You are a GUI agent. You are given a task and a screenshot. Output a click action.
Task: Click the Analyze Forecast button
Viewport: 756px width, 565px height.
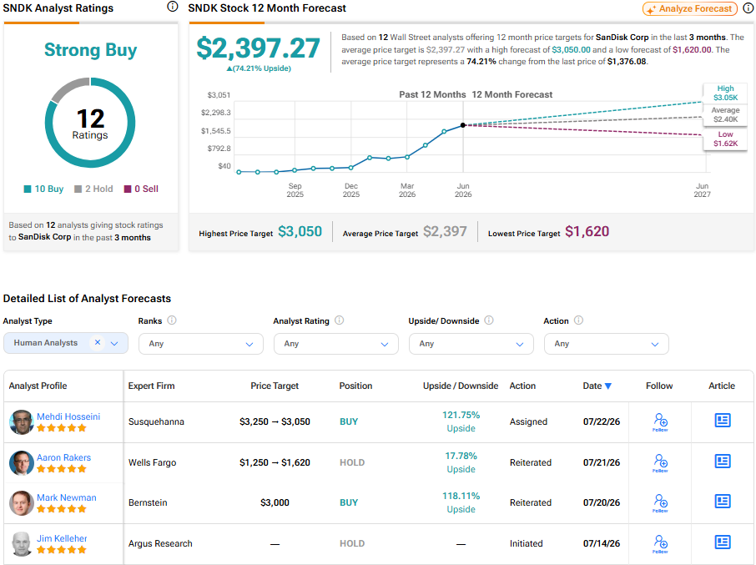[x=690, y=8]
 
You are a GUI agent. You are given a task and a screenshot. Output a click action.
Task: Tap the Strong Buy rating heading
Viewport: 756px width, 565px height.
[x=91, y=49]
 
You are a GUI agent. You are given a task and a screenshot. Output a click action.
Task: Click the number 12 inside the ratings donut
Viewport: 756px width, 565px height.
[x=90, y=119]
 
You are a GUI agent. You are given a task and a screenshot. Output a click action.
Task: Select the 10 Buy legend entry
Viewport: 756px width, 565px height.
[x=44, y=189]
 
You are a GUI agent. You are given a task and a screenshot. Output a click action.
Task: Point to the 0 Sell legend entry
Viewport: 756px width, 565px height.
[x=141, y=189]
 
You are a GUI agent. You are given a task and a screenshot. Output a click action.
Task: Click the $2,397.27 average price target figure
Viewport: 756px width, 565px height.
[x=258, y=48]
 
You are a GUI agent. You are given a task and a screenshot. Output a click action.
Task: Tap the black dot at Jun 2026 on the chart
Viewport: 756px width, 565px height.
[x=463, y=125]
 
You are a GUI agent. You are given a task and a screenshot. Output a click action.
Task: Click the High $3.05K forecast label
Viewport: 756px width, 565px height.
[x=725, y=93]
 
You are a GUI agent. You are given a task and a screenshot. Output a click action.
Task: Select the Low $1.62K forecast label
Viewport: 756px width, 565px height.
[x=725, y=139]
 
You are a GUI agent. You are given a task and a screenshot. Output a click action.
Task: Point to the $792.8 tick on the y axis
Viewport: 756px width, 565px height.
[x=219, y=149]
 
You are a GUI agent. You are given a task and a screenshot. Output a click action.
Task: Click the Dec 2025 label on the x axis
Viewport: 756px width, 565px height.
[x=351, y=190]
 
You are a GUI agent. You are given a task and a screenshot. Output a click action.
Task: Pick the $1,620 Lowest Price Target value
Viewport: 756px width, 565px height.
[x=587, y=231]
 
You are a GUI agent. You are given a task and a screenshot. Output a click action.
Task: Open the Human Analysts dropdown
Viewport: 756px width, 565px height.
[x=66, y=343]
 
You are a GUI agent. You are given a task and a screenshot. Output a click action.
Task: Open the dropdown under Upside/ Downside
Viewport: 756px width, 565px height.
[x=471, y=344]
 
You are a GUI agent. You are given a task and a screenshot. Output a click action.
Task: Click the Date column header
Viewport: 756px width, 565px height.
[x=597, y=386]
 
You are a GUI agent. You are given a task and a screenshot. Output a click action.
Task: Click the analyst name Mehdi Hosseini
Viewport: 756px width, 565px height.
[x=68, y=416]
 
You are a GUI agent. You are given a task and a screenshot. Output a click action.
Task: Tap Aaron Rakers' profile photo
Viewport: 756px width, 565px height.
[x=21, y=463]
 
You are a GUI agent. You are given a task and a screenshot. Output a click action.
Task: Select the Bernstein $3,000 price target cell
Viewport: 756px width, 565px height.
[x=275, y=502]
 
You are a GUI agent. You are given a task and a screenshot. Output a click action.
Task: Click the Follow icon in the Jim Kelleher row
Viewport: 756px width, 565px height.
[x=660, y=543]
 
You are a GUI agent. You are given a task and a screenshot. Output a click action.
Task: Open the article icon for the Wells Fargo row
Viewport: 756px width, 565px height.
[x=723, y=462]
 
